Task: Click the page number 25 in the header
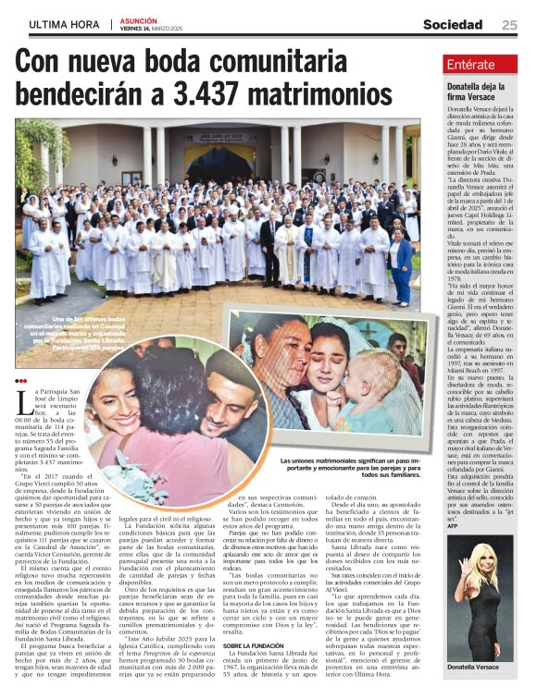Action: [x=510, y=25]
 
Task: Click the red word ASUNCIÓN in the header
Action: [x=138, y=20]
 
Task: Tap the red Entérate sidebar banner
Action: [x=479, y=65]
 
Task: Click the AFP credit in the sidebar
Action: [x=452, y=526]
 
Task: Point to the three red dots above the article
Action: [x=22, y=380]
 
